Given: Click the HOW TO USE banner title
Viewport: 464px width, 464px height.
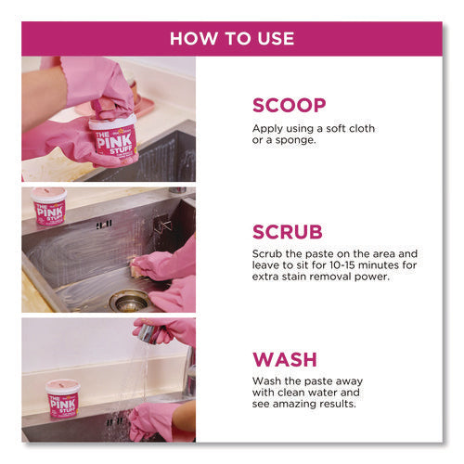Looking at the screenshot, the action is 232,39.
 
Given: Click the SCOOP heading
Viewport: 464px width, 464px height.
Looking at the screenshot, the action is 290,106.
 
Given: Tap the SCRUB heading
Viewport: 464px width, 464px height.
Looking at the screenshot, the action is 288,232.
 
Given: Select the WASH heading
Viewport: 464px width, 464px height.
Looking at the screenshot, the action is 285,359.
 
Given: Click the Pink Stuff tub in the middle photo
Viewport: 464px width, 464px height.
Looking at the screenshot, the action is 49,206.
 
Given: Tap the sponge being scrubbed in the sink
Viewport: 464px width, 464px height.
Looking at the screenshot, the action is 137,267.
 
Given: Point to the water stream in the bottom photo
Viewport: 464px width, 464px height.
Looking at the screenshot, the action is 145,378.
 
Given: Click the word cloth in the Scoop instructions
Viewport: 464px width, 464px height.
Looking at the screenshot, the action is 362,128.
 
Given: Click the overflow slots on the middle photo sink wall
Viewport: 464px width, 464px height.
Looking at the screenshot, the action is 104,225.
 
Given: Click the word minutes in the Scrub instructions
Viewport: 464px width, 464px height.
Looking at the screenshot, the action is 379,265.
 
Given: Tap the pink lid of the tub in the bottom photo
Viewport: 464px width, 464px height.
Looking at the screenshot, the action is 63,385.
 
